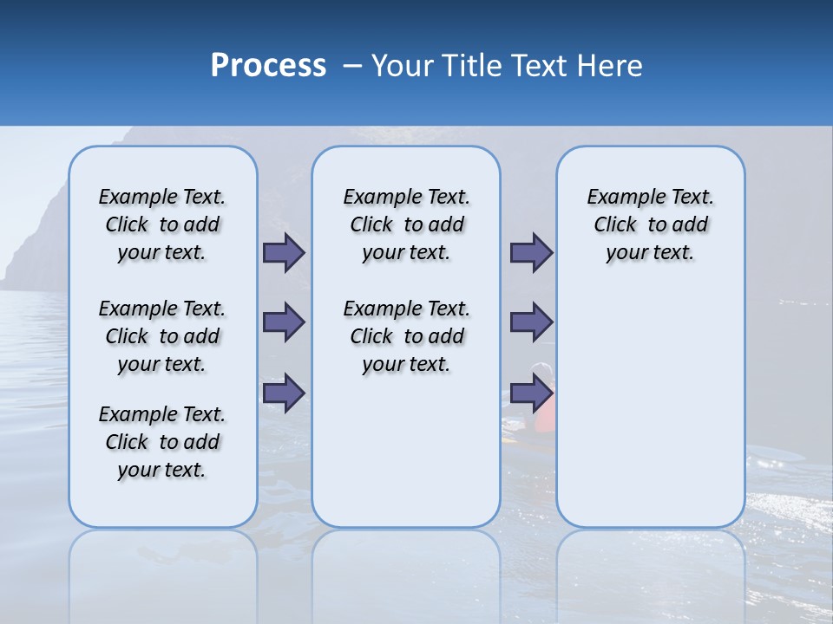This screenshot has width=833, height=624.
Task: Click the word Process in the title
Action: [x=268, y=66]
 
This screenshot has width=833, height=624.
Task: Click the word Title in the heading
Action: [x=472, y=66]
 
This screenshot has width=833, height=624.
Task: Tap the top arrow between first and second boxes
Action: [x=284, y=253]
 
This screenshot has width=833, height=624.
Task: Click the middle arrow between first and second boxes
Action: [x=284, y=322]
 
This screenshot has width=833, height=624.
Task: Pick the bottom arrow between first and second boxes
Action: [x=284, y=393]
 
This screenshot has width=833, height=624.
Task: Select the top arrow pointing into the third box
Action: [x=531, y=253]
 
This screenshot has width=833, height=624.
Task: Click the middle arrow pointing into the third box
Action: [x=531, y=322]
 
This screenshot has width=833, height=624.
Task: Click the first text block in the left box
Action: [x=162, y=224]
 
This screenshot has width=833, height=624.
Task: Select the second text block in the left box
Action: [x=162, y=336]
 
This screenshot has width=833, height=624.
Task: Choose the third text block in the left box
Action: [x=162, y=442]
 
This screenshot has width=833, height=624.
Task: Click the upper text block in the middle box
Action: [x=406, y=224]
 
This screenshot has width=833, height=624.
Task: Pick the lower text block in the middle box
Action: [x=406, y=336]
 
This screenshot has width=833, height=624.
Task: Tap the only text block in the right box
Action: [x=650, y=224]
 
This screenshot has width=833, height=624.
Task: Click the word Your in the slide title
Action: [x=403, y=66]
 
